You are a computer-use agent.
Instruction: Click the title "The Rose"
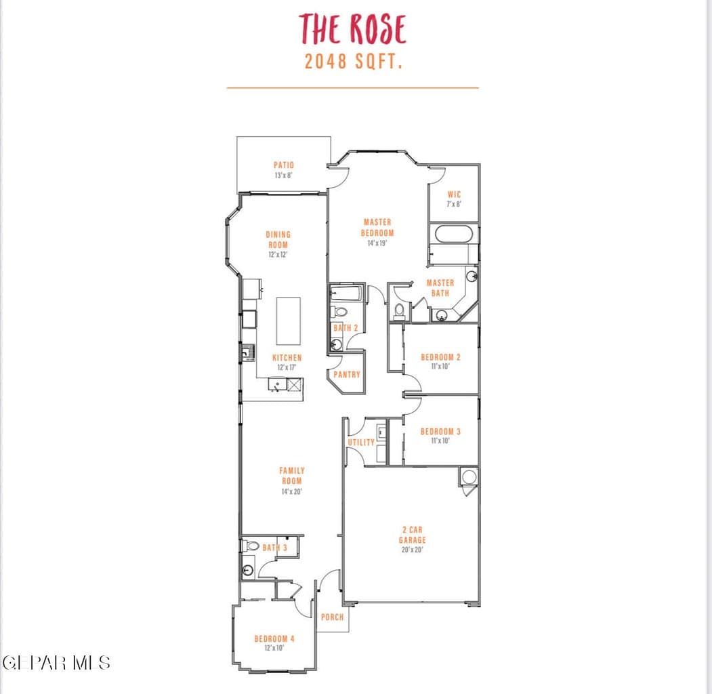[x=352, y=28]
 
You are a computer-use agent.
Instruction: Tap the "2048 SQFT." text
[x=353, y=61]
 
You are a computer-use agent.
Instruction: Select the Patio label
[x=284, y=165]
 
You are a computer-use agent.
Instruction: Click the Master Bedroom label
[x=377, y=227]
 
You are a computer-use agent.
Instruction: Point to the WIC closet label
[x=454, y=195]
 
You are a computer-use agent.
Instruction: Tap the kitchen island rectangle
[x=289, y=321]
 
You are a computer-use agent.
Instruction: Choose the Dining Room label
[x=278, y=239]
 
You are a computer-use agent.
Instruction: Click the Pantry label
[x=347, y=375]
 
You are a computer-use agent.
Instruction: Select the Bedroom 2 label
[x=440, y=357]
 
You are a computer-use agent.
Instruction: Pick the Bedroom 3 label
[x=440, y=432]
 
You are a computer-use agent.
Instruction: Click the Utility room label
[x=362, y=443]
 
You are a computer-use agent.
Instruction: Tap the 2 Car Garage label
[x=413, y=535]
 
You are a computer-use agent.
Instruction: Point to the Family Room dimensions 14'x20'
[x=291, y=491]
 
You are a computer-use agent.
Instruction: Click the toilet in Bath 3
[x=249, y=545]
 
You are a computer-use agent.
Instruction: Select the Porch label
[x=333, y=617]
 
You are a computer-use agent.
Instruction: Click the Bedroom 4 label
[x=274, y=638]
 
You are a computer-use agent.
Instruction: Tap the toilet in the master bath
[x=399, y=310]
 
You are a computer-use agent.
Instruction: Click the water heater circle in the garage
[x=469, y=477]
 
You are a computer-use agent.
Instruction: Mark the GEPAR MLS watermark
[x=56, y=663]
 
